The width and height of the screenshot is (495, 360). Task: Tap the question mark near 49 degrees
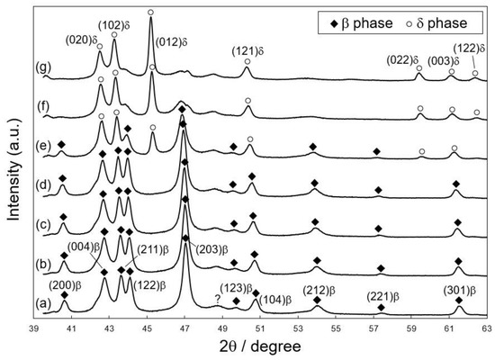217,300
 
